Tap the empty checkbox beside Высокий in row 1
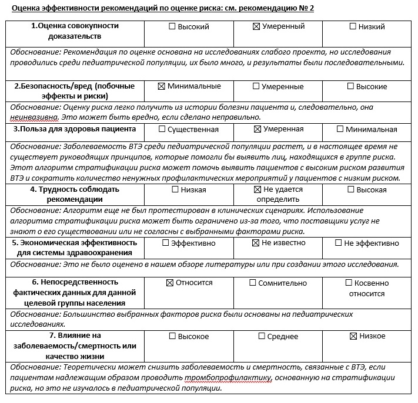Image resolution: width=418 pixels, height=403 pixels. click(x=172, y=27)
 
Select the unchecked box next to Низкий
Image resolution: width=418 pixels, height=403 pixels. click(x=353, y=27)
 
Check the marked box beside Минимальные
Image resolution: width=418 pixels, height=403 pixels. click(x=162, y=86)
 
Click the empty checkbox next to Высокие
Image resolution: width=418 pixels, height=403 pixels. click(x=351, y=86)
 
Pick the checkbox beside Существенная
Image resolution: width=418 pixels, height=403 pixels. click(x=162, y=129)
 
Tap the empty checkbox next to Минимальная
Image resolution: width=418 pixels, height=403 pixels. click(x=342, y=129)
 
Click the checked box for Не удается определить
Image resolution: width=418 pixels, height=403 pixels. click(x=256, y=189)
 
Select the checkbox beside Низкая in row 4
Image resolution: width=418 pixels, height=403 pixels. click(x=174, y=189)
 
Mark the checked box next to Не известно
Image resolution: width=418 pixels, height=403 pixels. click(x=255, y=243)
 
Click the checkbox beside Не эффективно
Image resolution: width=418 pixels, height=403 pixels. click(x=339, y=243)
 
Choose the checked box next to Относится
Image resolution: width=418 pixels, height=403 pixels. click(x=170, y=283)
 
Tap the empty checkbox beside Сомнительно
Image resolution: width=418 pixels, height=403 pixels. click(x=253, y=283)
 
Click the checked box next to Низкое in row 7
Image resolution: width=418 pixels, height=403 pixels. click(x=353, y=336)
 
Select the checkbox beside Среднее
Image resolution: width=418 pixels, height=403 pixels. click(x=262, y=336)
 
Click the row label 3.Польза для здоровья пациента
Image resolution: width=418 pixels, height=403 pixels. click(x=75, y=129)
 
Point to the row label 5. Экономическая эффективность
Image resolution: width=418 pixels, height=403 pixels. click(x=75, y=242)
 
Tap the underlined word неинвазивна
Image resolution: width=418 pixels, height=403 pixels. click(x=34, y=117)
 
